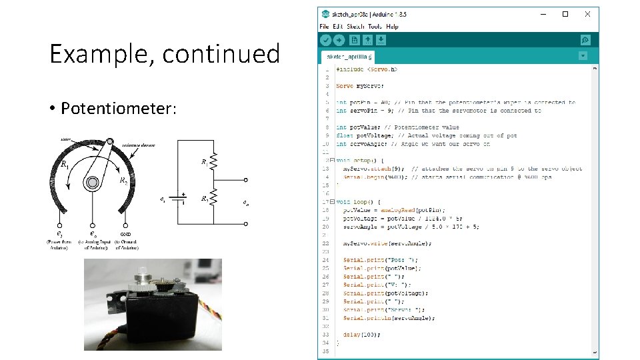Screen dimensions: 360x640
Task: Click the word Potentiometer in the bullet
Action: coord(119,108)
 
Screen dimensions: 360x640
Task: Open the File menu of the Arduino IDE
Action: coord(324,27)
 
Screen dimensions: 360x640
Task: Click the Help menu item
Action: coord(392,27)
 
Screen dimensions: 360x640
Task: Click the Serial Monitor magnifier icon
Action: coord(585,40)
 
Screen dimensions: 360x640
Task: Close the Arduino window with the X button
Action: coord(587,14)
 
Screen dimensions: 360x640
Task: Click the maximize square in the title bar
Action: coord(565,14)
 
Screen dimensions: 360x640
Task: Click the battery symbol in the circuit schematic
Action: coord(179,199)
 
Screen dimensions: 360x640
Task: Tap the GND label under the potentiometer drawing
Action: coord(125,234)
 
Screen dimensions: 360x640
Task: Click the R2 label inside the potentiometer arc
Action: coord(123,181)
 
